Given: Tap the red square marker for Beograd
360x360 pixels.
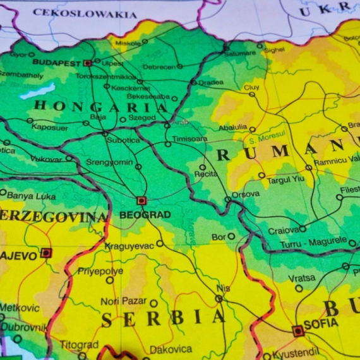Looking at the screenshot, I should tap(141, 201).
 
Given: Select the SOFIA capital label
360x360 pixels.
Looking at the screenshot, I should tap(321, 323).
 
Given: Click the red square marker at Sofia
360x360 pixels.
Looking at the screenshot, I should tap(297, 330).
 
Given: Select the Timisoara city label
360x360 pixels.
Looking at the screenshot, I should tap(189, 138).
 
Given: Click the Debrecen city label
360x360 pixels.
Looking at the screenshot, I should tap(159, 66).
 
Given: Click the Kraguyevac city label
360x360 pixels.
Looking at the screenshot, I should tap(129, 245).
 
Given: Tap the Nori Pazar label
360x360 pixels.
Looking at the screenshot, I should tap(124, 302).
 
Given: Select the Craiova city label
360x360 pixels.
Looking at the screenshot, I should tap(283, 231).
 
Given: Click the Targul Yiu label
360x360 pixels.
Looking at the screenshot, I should tap(285, 179).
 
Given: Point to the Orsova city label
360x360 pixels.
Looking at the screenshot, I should tap(245, 195).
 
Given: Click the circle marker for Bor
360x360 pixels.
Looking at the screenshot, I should tap(231, 236).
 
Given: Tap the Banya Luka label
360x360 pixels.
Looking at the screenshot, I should tap(31, 196).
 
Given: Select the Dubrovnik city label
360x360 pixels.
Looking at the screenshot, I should tap(23, 327).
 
